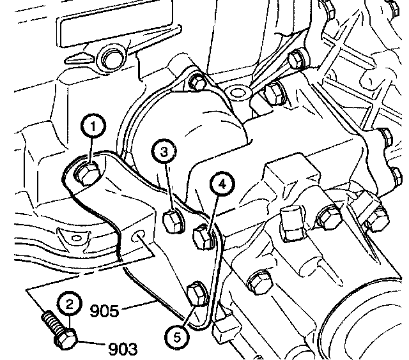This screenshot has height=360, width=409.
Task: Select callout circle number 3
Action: (x=164, y=152)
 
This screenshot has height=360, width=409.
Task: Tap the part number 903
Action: (x=123, y=349)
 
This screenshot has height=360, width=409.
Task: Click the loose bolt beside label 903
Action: (x=58, y=330)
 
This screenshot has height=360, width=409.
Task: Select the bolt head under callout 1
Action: (x=86, y=172)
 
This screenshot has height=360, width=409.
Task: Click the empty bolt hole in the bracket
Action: (x=139, y=237)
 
